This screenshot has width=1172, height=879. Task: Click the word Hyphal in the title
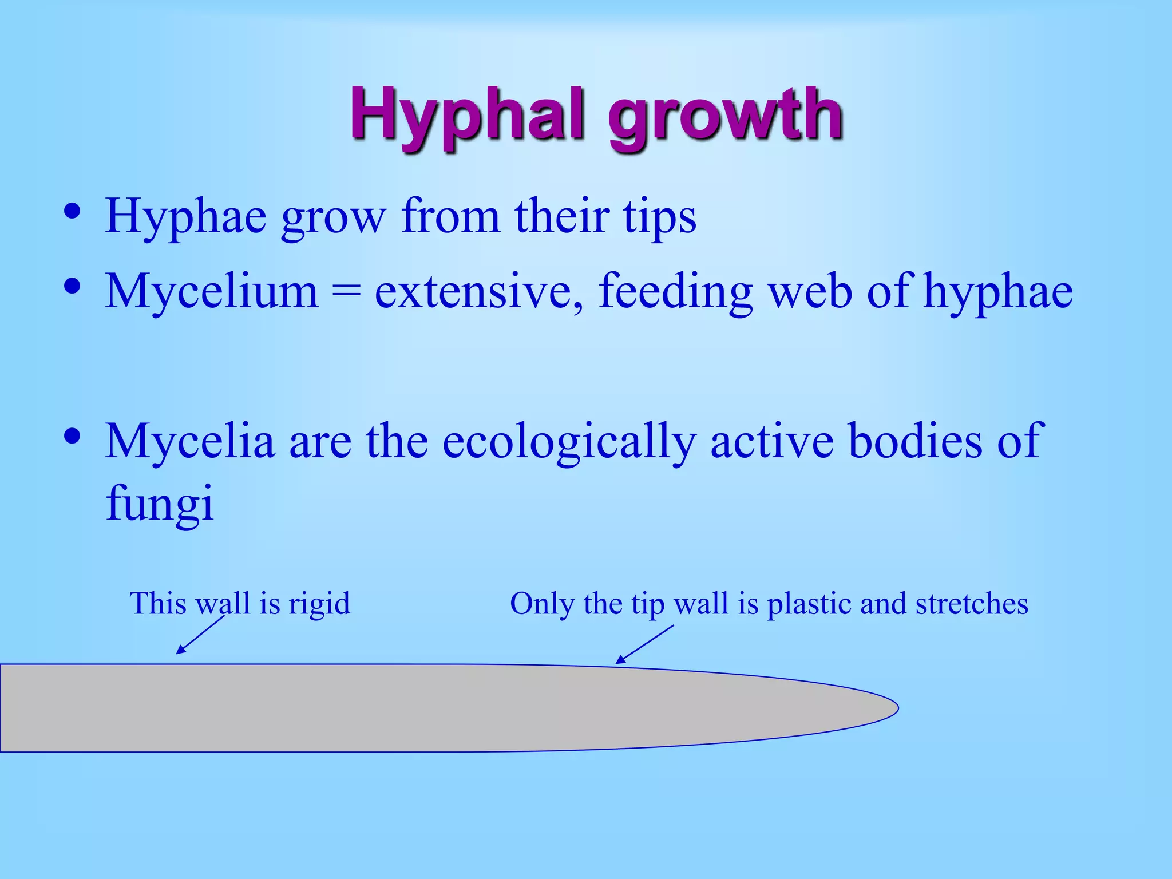pos(466,114)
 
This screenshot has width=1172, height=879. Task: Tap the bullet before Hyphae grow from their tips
pos(72,212)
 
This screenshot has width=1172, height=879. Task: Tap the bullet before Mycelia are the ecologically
pos(72,437)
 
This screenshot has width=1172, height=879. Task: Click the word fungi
pos(160,504)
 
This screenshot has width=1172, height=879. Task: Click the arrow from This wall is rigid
pos(200,634)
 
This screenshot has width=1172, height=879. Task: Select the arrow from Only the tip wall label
pos(645,644)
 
